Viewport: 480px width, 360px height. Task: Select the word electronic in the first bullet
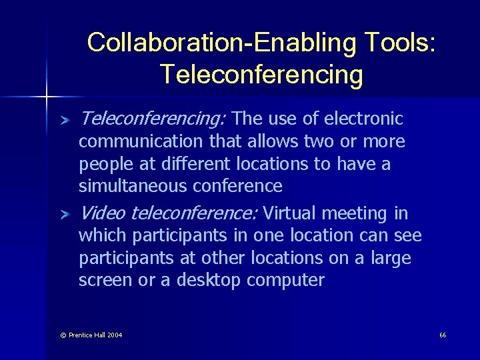pos(363,119)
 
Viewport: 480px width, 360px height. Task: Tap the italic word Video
pos(103,213)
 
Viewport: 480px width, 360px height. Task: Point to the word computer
pos(285,280)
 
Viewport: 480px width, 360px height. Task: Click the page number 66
pos(443,335)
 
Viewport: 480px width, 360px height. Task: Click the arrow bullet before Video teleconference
pos(64,215)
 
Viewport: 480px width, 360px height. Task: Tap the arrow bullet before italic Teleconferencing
pos(64,120)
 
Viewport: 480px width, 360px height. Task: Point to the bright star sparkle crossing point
pos(46,97)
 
